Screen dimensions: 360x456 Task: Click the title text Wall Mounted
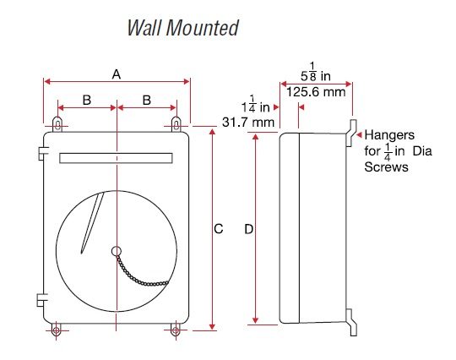[182, 28]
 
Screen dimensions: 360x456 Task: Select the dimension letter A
[117, 74]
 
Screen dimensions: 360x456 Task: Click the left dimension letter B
[86, 100]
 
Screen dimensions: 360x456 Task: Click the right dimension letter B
[147, 100]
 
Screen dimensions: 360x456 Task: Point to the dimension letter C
[218, 229]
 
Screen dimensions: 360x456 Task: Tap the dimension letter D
[247, 229]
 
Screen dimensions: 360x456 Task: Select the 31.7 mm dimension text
[248, 123]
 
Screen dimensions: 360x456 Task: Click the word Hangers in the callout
[388, 134]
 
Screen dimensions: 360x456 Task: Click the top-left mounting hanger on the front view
[57, 123]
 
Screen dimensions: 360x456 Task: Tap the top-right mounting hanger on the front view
[176, 123]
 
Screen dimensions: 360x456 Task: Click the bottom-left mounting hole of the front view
[57, 330]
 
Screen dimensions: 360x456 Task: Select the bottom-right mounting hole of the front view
[176, 330]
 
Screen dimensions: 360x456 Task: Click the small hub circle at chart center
[116, 250]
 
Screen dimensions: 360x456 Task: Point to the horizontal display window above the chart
[116, 158]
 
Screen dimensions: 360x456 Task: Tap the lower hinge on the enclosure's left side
[40, 298]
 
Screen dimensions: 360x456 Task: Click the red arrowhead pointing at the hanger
[358, 134]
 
